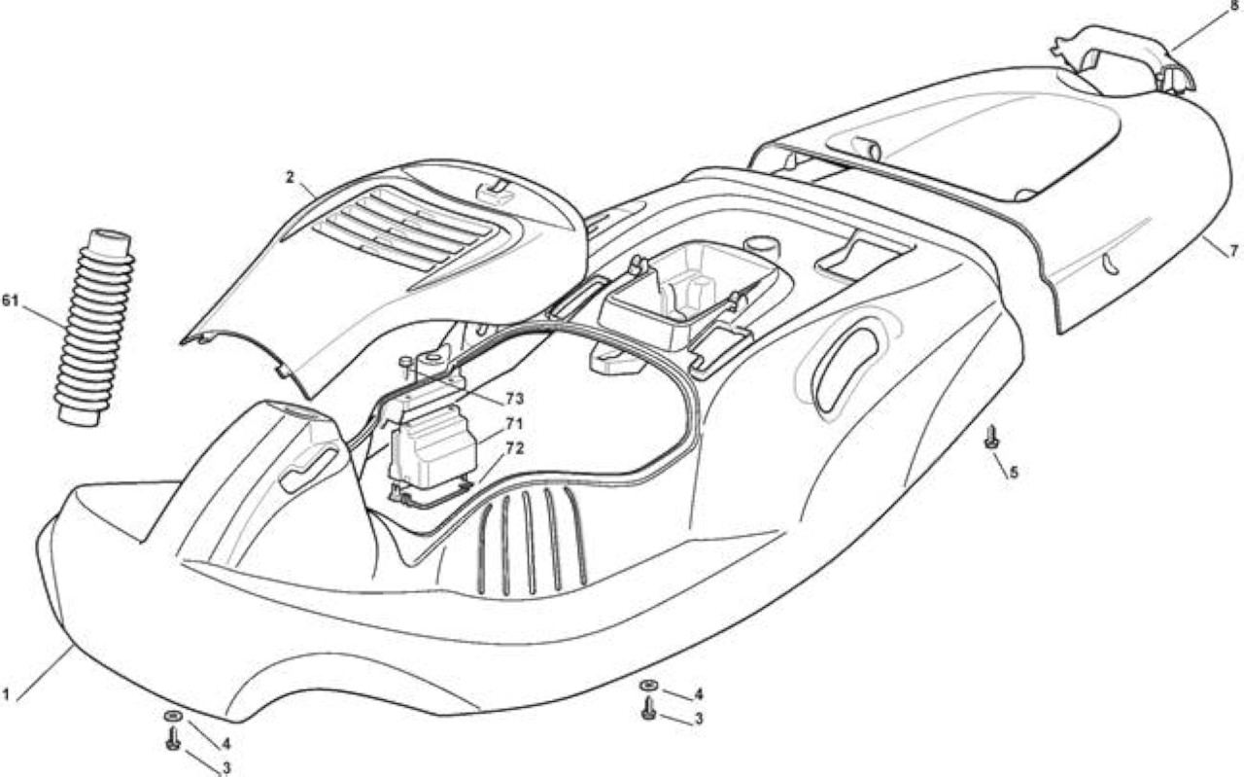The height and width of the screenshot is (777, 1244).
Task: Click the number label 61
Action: pos(11,300)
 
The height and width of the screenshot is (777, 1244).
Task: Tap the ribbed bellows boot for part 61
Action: pos(94,328)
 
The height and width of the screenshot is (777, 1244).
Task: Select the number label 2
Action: pos(290,177)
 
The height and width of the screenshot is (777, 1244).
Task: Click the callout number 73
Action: pos(515,399)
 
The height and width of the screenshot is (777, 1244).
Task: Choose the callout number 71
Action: pos(515,424)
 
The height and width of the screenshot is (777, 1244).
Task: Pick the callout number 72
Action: pos(515,448)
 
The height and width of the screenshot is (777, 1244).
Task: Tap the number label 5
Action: pos(1014,473)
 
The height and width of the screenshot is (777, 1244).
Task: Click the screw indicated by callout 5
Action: pos(991,438)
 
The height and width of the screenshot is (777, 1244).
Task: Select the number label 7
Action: pos(1234,251)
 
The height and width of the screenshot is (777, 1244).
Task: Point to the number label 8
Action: pos(1234,6)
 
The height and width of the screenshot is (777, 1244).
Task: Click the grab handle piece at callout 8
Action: pos(1123,57)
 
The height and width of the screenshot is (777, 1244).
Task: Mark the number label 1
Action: pos(6,694)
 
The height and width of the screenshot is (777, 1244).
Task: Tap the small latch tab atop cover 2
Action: pos(496,190)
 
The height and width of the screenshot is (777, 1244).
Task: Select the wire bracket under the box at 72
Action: pos(431,495)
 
